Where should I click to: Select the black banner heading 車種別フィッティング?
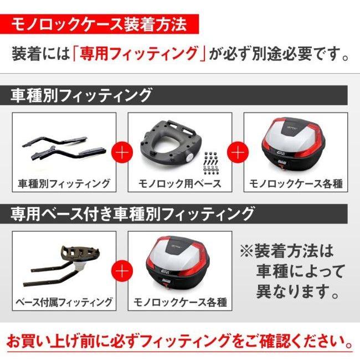(81, 95)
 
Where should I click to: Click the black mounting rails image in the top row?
(63, 146)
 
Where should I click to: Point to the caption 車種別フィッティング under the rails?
(64, 183)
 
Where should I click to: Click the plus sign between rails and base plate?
(122, 151)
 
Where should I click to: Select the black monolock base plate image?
(169, 145)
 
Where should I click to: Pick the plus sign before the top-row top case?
(238, 151)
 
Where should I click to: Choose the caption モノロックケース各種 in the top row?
(296, 183)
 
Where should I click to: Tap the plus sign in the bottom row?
(122, 270)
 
